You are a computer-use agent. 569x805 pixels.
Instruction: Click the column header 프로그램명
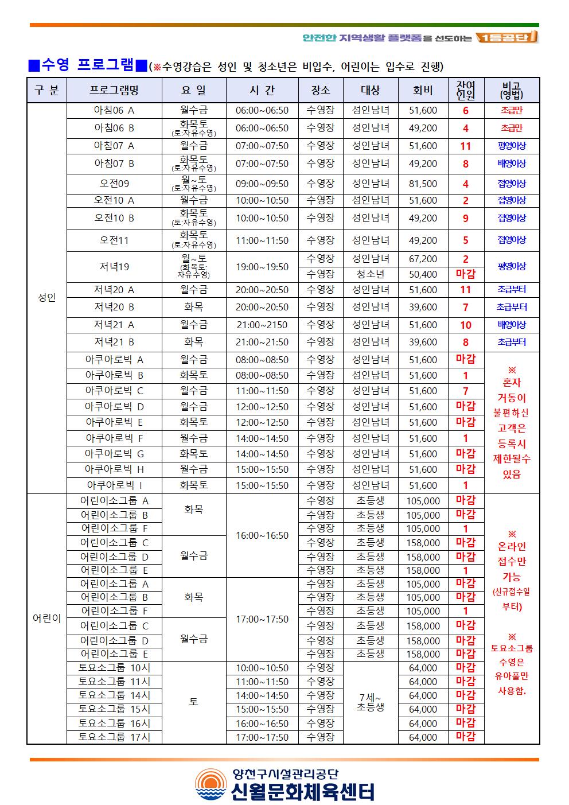point(114,90)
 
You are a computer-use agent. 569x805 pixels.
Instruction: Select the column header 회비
point(423,90)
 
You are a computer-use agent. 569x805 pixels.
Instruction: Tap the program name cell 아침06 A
point(114,110)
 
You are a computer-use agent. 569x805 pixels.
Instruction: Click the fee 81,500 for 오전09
point(423,184)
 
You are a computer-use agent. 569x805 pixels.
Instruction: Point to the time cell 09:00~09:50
point(262,184)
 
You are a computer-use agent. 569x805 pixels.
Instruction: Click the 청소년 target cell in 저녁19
point(370,274)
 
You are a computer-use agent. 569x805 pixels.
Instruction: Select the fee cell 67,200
point(423,259)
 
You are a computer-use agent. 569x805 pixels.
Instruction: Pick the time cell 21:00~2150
point(262,325)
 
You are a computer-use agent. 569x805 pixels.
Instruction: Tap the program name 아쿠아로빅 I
point(114,485)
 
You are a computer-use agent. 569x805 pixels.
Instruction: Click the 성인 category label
point(46,298)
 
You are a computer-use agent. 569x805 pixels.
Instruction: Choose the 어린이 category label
point(46,619)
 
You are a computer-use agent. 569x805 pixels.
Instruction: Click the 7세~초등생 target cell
point(370,702)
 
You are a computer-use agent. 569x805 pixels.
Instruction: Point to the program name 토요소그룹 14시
point(114,695)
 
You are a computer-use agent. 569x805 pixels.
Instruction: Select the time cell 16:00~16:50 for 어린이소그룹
point(262,535)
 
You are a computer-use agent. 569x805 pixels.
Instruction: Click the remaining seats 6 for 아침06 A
point(465,111)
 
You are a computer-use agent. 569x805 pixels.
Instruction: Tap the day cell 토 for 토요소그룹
point(194,702)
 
